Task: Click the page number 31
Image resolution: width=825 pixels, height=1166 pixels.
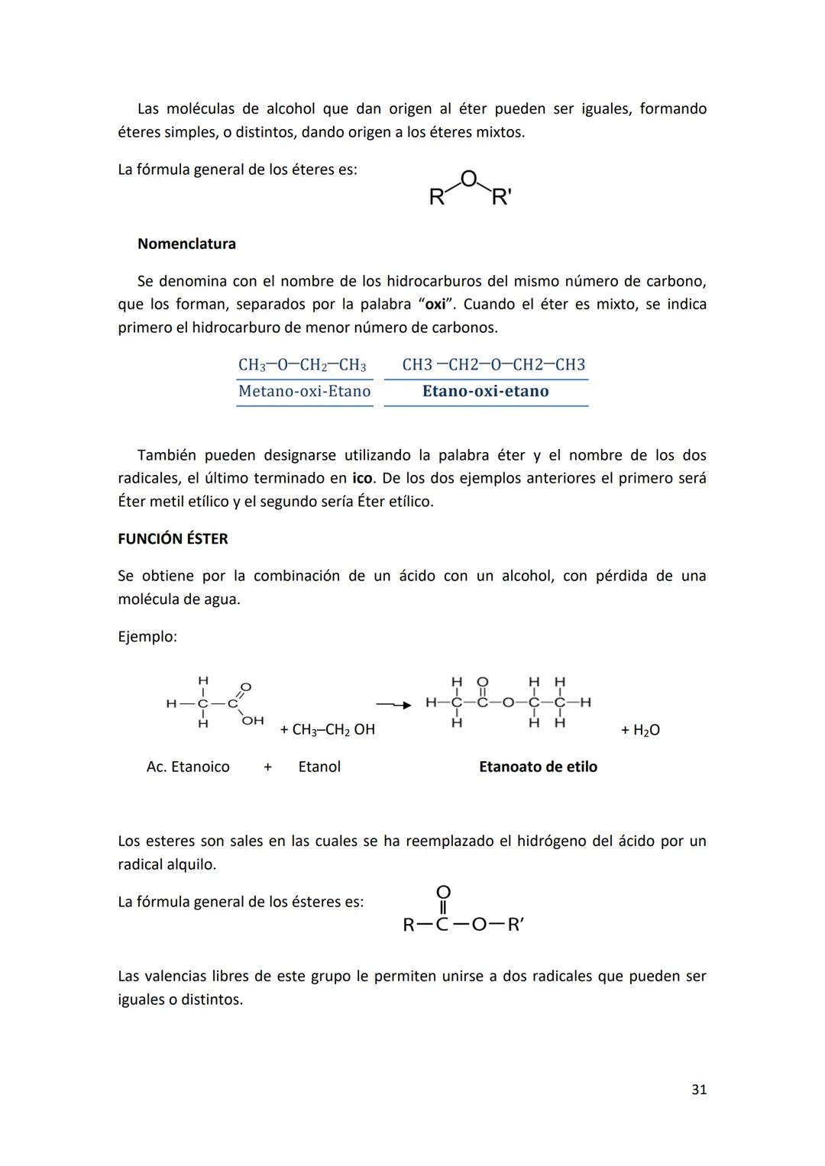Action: [698, 1090]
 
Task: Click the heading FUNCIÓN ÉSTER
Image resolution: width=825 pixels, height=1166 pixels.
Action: [173, 539]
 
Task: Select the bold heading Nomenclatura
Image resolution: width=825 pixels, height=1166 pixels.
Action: [186, 244]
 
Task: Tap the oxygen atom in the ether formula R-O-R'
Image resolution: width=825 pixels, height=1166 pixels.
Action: [469, 179]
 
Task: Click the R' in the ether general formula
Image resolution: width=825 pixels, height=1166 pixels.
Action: [501, 198]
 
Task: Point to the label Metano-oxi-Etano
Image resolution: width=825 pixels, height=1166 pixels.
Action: [304, 392]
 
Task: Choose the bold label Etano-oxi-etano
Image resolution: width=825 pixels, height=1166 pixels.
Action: [485, 392]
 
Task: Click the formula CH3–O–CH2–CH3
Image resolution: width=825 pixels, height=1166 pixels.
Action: [302, 365]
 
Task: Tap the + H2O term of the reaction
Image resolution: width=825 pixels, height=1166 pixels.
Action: [640, 731]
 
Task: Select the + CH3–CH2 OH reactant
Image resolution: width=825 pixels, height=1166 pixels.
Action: [327, 730]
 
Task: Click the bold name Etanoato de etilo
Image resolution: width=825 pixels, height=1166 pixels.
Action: [538, 767]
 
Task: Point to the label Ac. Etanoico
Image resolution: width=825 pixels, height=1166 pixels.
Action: [188, 767]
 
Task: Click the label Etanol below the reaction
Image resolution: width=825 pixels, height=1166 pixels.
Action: [319, 767]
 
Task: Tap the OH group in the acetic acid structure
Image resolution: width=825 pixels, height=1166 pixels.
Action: [253, 720]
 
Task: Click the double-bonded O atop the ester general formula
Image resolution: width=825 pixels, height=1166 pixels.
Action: [443, 892]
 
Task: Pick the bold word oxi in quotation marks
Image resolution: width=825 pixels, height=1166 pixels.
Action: [435, 305]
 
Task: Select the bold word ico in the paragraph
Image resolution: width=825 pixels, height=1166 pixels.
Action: [362, 479]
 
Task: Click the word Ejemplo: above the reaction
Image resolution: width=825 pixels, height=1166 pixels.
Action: [147, 637]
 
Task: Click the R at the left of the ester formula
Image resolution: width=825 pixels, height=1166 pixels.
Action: [409, 925]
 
